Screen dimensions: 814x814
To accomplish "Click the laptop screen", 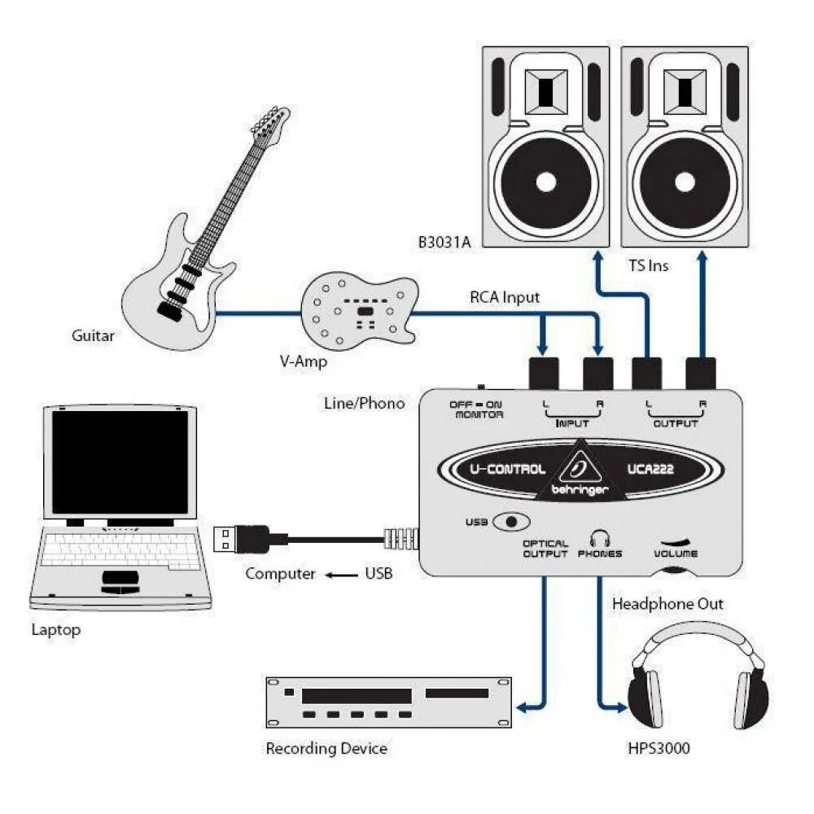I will [120, 461].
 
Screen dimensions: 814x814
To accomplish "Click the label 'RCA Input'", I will [504, 298].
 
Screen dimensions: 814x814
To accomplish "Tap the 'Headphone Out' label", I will [667, 604].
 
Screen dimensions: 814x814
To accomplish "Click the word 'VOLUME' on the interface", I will [675, 554].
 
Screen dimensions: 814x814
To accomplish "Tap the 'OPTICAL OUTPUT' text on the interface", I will [545, 549].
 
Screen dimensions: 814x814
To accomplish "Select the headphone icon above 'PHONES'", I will [600, 537].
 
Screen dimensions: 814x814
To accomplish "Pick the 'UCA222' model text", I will [650, 469].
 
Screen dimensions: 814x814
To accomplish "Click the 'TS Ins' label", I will [649, 265].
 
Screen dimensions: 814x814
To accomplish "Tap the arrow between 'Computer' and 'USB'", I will [341, 575].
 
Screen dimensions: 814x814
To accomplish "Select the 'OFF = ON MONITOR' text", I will [477, 409].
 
